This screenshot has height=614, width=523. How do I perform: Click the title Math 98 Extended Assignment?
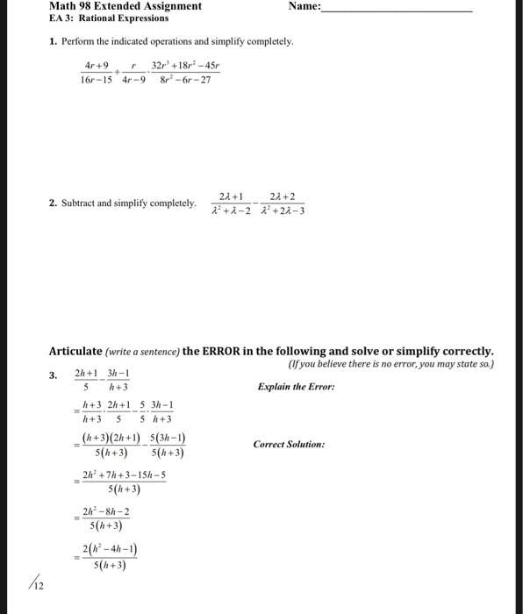click(125, 6)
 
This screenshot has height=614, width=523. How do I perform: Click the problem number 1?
click(54, 41)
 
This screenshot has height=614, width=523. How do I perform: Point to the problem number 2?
click(54, 203)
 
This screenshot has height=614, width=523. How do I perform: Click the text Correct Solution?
click(289, 445)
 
